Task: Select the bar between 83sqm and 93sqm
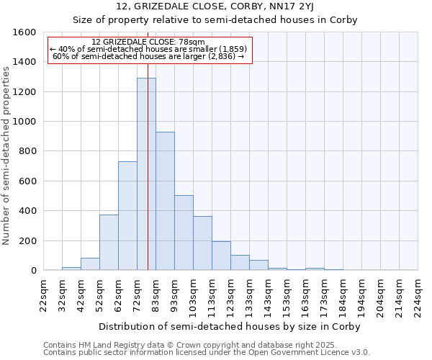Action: (x=165, y=201)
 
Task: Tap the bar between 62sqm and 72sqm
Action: (x=127, y=216)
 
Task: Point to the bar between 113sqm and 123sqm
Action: (x=221, y=256)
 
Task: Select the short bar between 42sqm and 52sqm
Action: (x=90, y=264)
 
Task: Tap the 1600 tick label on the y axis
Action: (x=24, y=32)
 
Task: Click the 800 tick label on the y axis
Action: (x=27, y=151)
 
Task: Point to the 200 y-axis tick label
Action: (x=27, y=240)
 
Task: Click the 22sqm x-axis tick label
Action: (x=44, y=295)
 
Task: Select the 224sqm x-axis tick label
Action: (x=418, y=295)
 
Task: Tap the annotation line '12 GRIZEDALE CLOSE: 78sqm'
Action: (x=149, y=42)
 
